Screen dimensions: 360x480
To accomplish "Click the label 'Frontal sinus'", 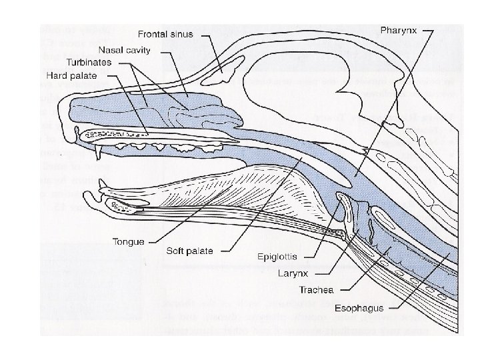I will pyautogui.click(x=166, y=33).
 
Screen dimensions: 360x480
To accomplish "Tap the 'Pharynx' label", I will pyautogui.click(x=399, y=29).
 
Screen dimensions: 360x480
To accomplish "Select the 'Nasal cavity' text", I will pyautogui.click(x=125, y=50).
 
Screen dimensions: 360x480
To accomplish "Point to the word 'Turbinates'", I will pyautogui.click(x=89, y=63).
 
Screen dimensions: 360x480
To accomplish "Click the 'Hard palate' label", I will pyautogui.click(x=71, y=75).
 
